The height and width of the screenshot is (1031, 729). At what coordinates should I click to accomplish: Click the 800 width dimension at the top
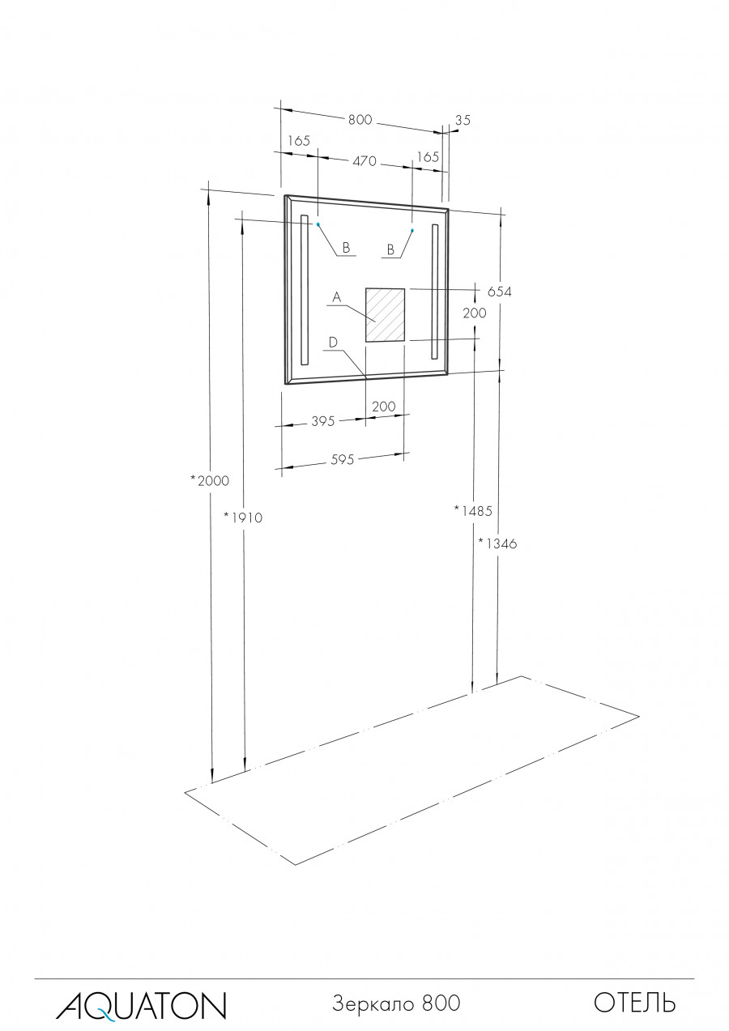[360, 120]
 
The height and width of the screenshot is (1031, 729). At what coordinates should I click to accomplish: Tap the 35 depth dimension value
[462, 120]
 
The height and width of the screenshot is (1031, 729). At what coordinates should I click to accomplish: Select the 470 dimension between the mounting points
[364, 161]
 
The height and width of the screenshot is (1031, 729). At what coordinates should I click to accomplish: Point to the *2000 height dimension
[210, 480]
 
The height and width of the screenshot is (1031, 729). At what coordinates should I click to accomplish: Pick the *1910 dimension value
[244, 518]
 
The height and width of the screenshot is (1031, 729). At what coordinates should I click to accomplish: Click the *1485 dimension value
[473, 510]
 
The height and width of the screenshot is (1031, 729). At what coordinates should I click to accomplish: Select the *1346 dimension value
[497, 543]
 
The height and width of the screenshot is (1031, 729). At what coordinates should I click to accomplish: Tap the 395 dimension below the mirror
[323, 421]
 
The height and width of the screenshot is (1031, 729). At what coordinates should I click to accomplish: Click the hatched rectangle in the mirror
[385, 315]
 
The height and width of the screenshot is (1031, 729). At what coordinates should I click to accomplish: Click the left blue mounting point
[318, 224]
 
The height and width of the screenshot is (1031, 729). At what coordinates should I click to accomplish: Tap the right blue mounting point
[411, 231]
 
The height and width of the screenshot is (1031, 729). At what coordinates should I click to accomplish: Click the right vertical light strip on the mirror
[435, 291]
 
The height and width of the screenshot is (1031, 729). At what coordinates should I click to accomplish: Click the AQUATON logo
[141, 1004]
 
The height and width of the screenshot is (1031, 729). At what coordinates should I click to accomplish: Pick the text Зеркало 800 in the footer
[396, 1003]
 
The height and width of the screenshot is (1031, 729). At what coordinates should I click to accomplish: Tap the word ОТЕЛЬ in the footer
[635, 1003]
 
